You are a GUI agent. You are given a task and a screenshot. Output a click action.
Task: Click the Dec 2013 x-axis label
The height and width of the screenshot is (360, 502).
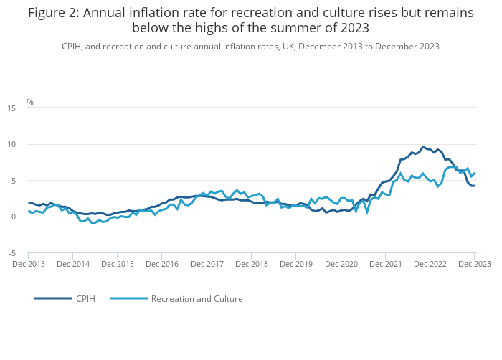29,265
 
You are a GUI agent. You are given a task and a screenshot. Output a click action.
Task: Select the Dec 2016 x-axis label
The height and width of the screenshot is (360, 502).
163,265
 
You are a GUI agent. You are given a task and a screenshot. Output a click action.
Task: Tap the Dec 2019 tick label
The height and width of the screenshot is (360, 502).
296,265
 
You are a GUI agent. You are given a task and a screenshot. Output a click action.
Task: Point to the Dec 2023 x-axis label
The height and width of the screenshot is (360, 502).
473,265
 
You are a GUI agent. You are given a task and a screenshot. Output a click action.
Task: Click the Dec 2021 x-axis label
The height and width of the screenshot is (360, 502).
385,265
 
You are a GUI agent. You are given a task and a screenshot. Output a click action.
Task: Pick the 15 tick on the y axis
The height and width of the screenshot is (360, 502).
11,108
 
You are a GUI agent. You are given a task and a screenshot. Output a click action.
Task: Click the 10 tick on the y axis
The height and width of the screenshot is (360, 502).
11,144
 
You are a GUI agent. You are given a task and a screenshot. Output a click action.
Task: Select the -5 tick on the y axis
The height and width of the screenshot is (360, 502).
12,253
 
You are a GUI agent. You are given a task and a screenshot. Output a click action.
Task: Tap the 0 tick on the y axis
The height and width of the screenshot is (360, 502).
14,217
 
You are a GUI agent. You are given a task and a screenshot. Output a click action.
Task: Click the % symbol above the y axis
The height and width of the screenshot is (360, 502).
30,103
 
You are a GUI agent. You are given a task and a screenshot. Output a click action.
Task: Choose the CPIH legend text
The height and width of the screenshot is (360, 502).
85,298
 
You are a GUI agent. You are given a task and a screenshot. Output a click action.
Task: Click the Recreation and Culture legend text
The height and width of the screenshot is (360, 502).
196,298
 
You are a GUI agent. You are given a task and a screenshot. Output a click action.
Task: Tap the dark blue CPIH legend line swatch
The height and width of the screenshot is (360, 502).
53,298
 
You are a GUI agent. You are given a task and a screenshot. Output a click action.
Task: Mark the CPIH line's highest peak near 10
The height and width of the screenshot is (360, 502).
422,147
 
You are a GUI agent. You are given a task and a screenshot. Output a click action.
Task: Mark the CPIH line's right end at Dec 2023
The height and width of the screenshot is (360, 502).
474,186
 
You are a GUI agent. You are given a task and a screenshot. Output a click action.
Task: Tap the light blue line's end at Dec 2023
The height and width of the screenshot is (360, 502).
475,173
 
